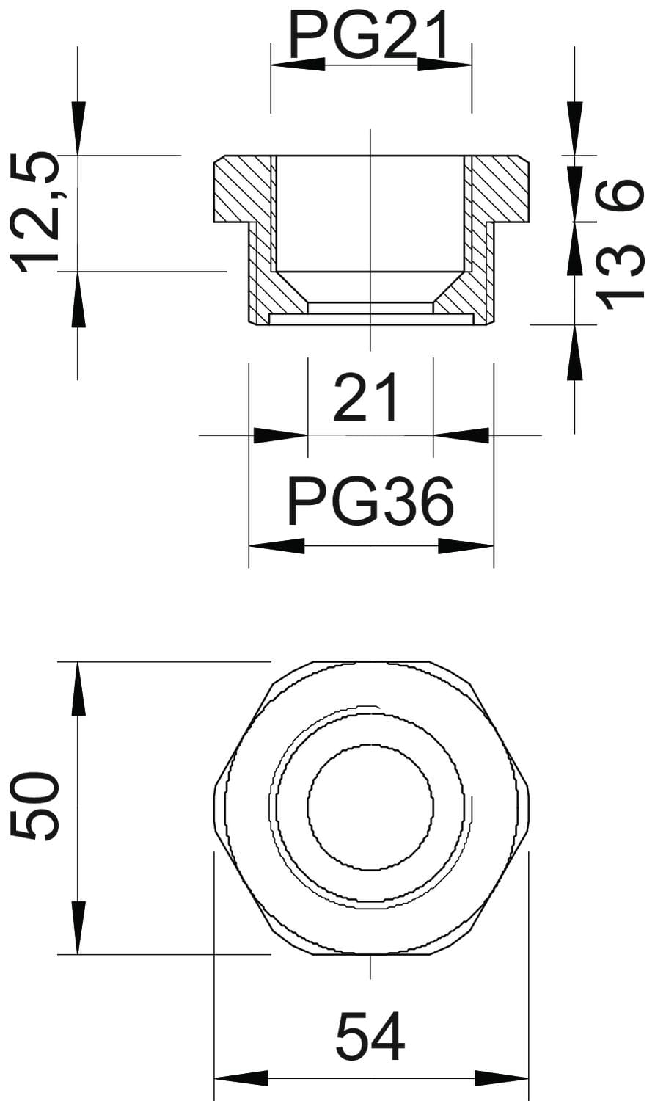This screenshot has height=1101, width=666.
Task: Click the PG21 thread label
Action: [369, 34]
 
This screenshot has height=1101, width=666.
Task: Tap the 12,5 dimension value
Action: [34, 211]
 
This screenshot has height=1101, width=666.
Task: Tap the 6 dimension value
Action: [619, 195]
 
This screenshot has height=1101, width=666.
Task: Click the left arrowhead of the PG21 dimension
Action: [298, 65]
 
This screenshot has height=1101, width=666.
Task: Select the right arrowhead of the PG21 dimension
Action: [444, 65]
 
